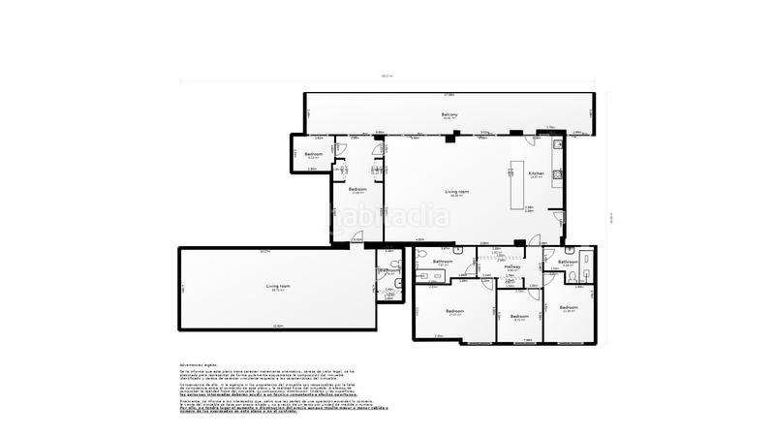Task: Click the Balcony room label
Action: click(449, 115)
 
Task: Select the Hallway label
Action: click(512, 266)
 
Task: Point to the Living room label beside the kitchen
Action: click(457, 192)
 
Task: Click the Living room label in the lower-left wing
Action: click(278, 286)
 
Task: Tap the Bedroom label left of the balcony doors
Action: click(313, 155)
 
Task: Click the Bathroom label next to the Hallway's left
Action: click(444, 262)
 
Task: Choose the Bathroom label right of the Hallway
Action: click(568, 262)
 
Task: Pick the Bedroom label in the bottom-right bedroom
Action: click(568, 307)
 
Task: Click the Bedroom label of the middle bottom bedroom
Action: click(519, 316)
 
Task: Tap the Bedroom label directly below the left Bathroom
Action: click(454, 311)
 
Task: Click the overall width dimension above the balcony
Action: click(387, 76)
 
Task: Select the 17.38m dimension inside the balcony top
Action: click(449, 95)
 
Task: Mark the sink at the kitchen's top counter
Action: click(557, 146)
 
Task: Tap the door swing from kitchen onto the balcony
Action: click(555, 135)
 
